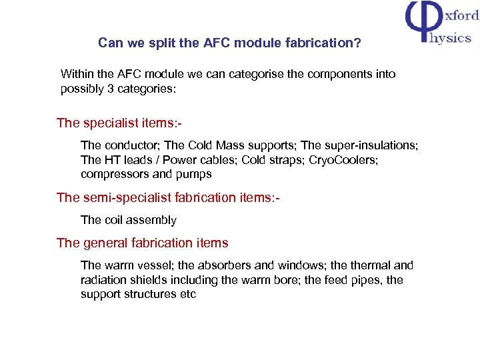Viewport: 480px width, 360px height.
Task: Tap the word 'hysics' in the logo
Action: (450, 37)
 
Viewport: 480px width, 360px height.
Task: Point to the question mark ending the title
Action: (358, 43)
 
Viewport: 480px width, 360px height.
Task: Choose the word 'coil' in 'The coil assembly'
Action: (117, 220)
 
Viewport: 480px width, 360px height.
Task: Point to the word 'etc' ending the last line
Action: (187, 295)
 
